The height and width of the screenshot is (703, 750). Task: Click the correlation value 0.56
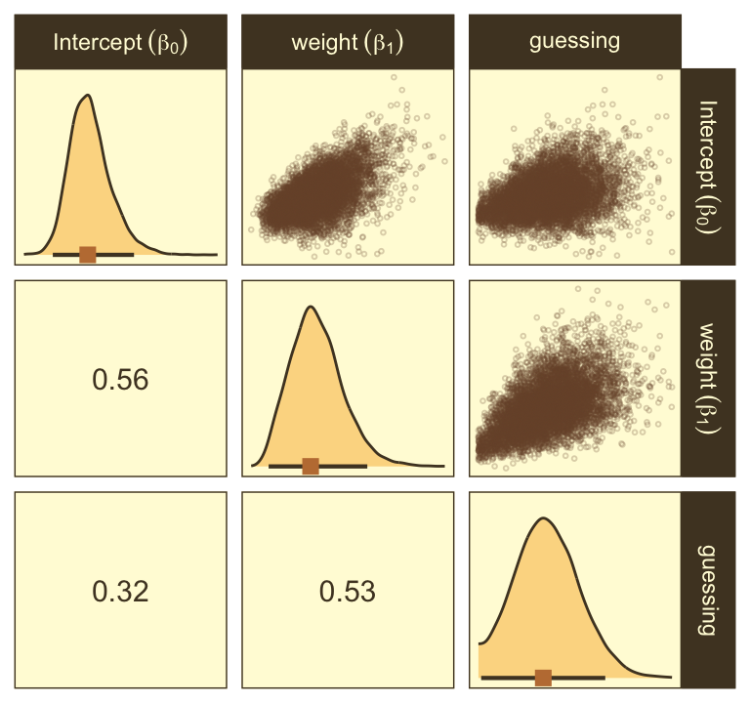point(120,380)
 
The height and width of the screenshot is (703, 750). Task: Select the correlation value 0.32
point(120,591)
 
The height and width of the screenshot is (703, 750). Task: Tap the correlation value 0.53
point(348,591)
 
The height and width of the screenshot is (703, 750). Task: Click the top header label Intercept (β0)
point(121,42)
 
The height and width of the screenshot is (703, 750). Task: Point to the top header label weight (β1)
point(348,42)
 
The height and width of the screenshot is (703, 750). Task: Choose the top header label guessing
point(574,41)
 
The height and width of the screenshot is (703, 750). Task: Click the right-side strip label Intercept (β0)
point(708,166)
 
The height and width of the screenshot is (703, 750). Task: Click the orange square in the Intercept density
point(88,255)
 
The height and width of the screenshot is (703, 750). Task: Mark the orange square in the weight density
point(311,466)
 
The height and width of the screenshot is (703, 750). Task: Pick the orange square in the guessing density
point(544,678)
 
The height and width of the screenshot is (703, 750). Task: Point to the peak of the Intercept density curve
point(88,96)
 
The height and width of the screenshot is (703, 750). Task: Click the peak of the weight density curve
point(311,307)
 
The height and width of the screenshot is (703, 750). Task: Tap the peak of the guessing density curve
point(544,517)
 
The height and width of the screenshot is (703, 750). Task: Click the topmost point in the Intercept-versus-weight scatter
point(394,76)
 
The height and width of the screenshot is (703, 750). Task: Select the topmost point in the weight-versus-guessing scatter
point(578,289)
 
